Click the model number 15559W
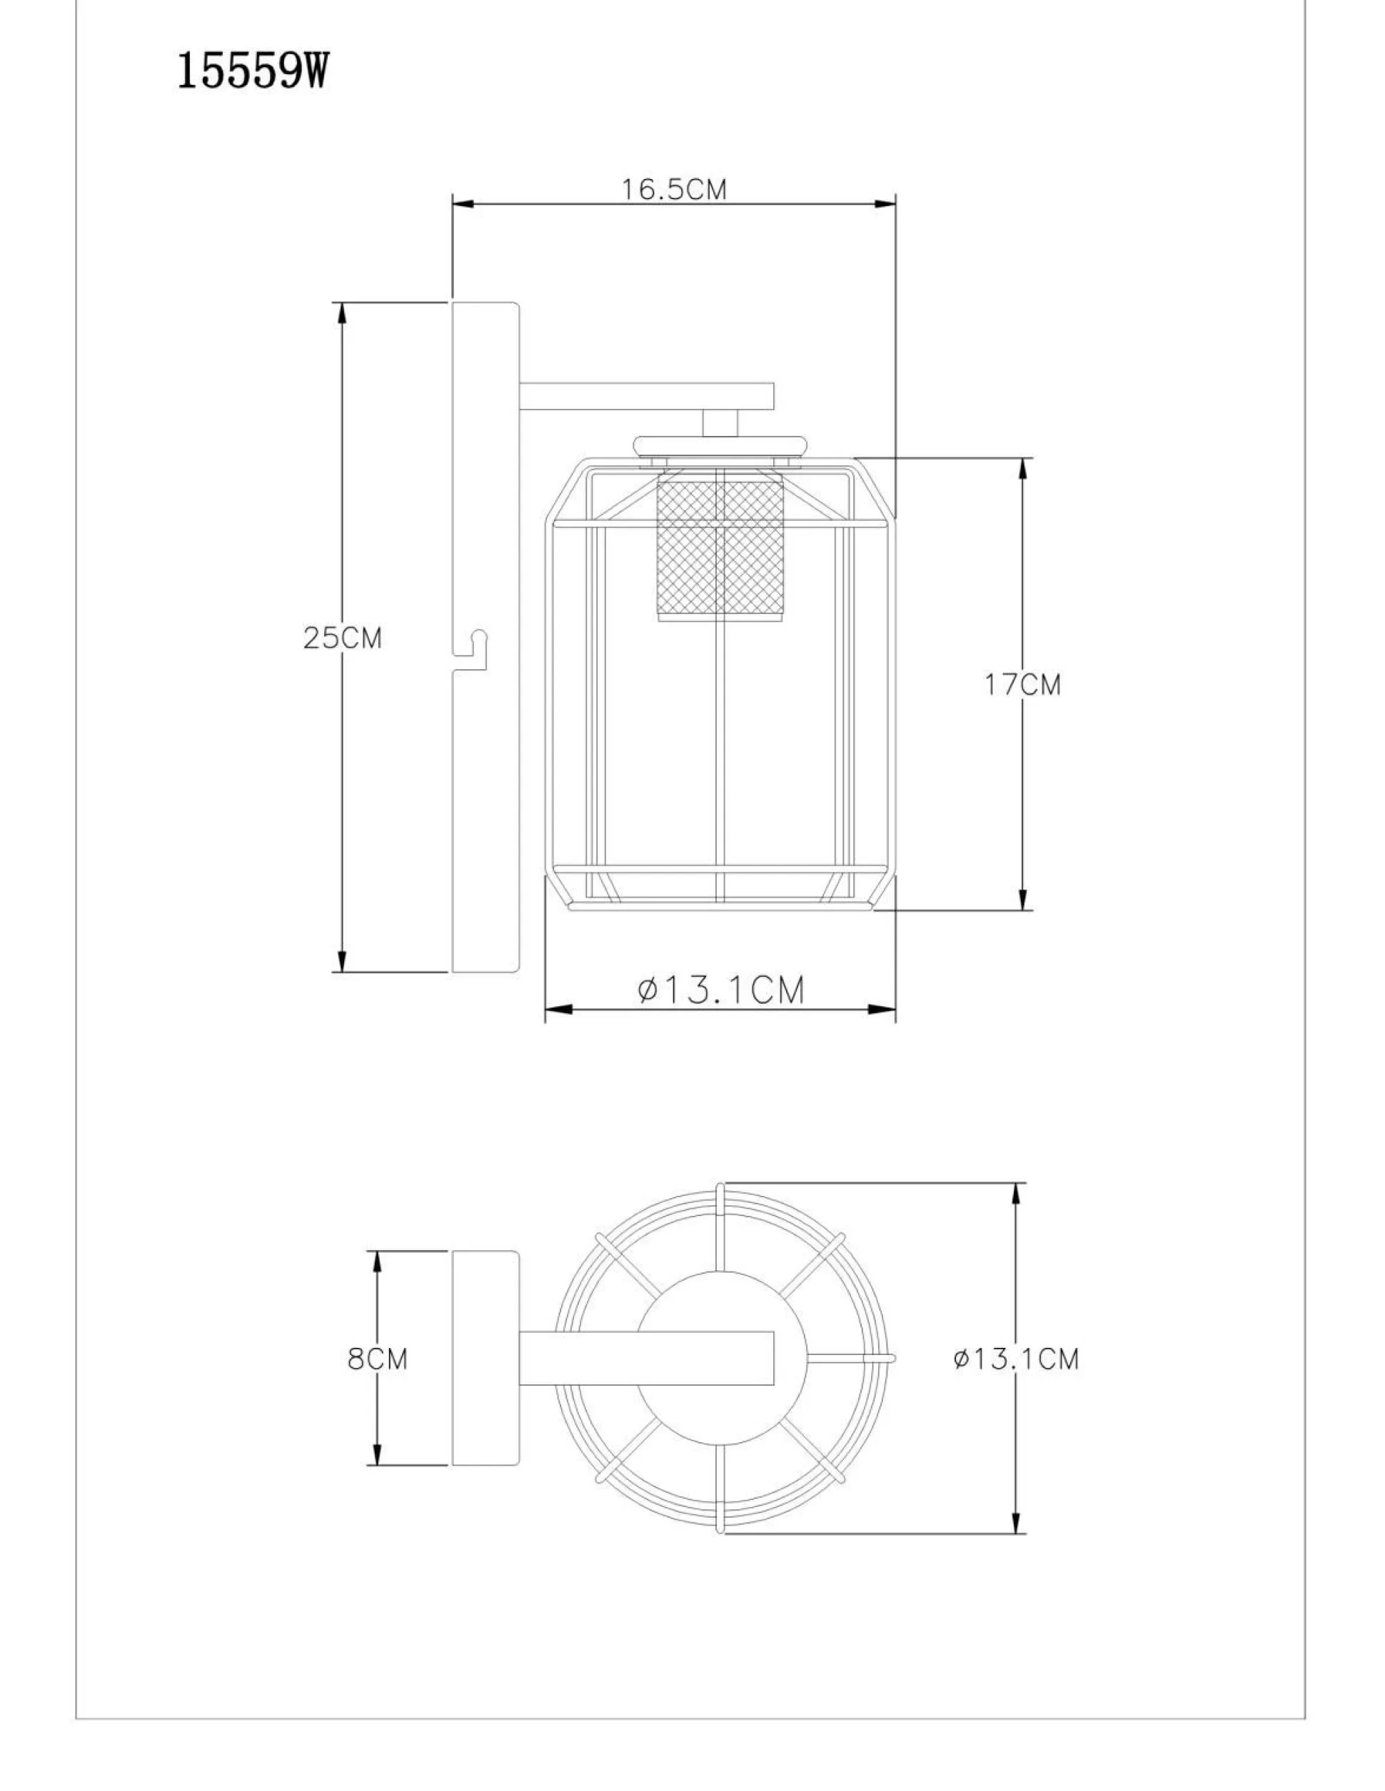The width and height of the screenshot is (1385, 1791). (253, 73)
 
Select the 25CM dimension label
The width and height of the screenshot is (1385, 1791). (342, 637)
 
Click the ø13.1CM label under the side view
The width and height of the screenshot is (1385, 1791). (721, 990)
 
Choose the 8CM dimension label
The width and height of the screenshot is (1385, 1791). (378, 1359)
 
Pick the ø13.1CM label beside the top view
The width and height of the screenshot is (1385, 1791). (1016, 1359)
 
